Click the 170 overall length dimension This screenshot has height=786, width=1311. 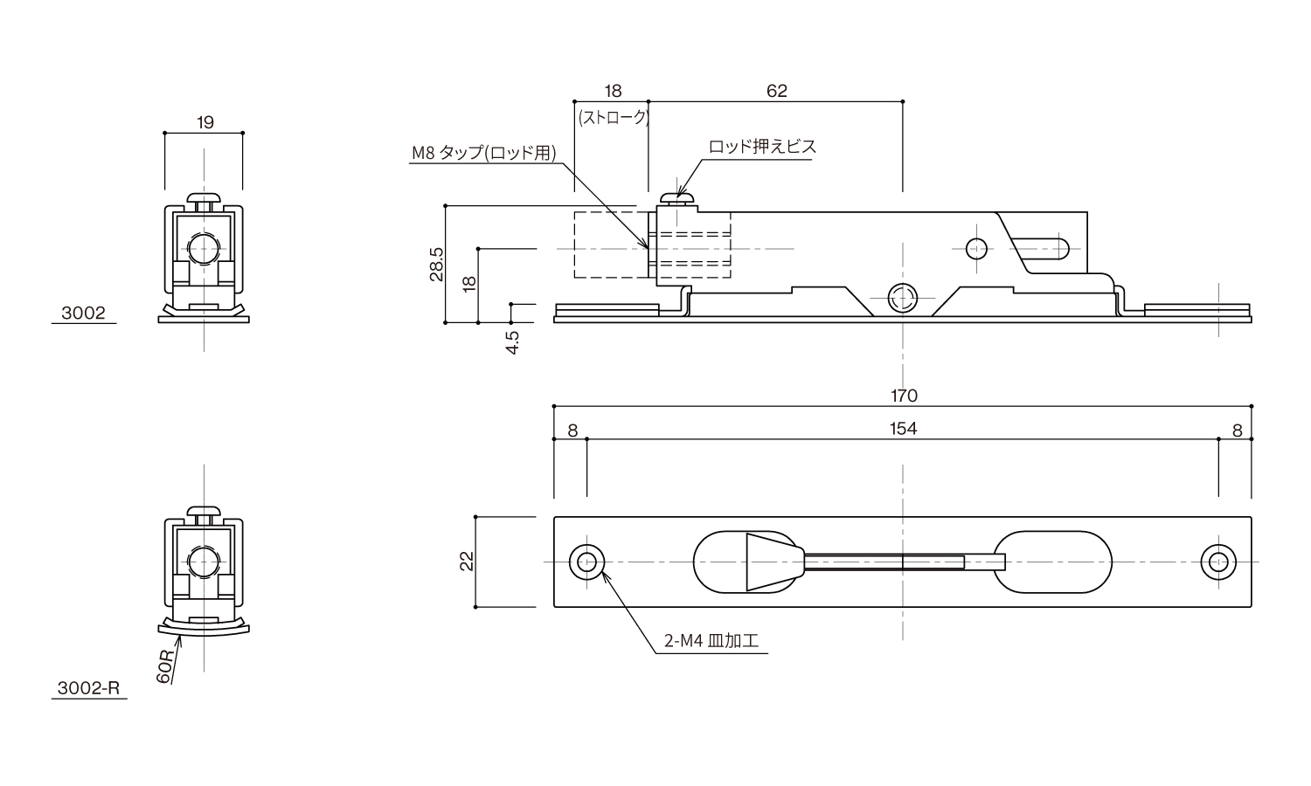[x=905, y=396]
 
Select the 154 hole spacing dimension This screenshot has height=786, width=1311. [x=903, y=429]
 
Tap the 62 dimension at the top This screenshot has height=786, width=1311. [x=777, y=91]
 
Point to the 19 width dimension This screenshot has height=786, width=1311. [x=205, y=122]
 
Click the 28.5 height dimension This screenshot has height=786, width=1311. [x=437, y=265]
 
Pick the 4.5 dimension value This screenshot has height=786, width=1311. [x=512, y=342]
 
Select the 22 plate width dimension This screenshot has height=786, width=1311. [x=467, y=562]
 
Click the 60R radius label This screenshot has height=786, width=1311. [x=165, y=666]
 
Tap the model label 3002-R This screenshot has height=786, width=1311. [x=88, y=688]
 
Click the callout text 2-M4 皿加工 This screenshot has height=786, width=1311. [x=711, y=641]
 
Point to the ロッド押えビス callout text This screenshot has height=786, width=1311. [x=762, y=146]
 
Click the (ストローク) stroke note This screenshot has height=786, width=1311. [x=614, y=118]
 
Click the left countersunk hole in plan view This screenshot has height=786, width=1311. [x=586, y=562]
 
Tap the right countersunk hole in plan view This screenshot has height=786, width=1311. [x=1218, y=562]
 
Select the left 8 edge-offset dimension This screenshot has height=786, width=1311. [x=572, y=431]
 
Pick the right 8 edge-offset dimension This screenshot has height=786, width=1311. [x=1238, y=431]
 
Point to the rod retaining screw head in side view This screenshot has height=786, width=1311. [x=677, y=199]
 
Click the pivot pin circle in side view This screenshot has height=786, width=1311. [x=903, y=299]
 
